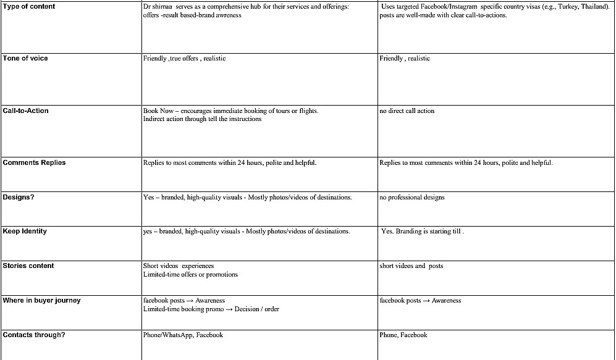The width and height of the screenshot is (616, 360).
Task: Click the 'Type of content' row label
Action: coord(29,6)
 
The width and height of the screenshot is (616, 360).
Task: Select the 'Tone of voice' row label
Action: coord(25,58)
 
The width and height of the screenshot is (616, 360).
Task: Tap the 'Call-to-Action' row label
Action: coord(26,111)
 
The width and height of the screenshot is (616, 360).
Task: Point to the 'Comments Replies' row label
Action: coord(34,162)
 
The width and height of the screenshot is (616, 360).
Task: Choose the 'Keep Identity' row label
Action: coord(25,231)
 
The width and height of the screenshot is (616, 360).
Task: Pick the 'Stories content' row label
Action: coord(28,266)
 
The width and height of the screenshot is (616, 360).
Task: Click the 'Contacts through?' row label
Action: coord(34,335)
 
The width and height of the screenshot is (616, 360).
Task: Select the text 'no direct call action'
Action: coord(407,111)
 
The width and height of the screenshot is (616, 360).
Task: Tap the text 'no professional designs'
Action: coord(412,198)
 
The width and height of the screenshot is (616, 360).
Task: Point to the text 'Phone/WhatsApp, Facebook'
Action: coord(183,335)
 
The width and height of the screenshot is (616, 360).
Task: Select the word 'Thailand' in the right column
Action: coord(595,7)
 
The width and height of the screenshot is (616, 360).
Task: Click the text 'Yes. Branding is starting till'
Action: coord(422,232)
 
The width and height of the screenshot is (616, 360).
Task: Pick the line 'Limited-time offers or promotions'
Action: coord(190,274)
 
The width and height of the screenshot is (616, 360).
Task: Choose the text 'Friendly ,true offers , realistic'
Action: coord(184,59)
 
